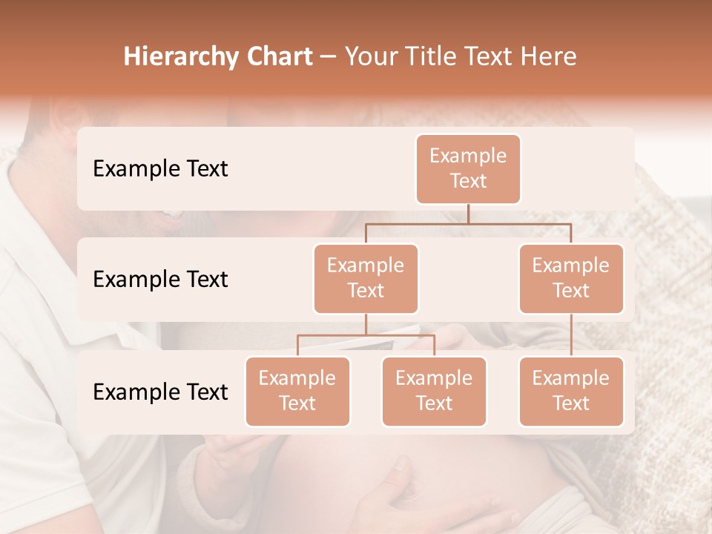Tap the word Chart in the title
click(277, 57)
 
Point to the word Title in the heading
click(435, 57)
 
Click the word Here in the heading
click(548, 57)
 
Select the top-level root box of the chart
click(468, 168)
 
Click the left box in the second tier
click(366, 278)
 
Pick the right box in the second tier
click(571, 278)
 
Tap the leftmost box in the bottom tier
click(297, 391)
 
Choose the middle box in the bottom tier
click(434, 391)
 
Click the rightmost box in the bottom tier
click(571, 391)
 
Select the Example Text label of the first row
click(160, 168)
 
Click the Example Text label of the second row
click(160, 279)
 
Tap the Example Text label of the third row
click(160, 392)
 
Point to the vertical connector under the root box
click(468, 214)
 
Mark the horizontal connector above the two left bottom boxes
click(366, 335)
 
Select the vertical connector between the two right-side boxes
click(571, 334)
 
